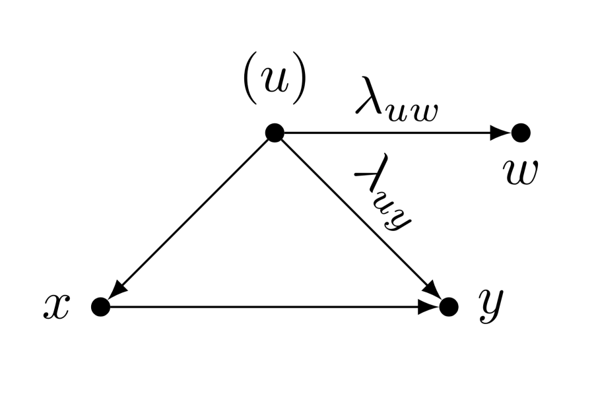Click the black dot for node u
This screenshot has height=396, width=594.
275,133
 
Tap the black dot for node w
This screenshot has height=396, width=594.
521,133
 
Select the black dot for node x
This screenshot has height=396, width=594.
100,306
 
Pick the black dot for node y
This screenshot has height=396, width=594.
449,306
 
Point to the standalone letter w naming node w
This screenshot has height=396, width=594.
520,172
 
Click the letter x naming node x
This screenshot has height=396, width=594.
56,306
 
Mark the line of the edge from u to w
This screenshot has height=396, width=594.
389,133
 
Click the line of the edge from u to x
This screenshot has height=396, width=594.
191,216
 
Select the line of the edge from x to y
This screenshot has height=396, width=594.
264,306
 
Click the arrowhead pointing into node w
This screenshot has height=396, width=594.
501,133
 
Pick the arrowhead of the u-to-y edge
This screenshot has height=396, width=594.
432,290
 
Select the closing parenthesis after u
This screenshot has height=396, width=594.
299,84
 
